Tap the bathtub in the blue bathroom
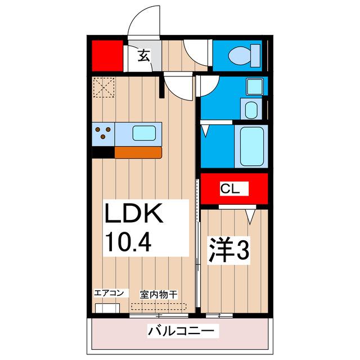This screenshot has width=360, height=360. click(x=252, y=146)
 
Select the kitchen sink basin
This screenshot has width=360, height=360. click(x=144, y=134)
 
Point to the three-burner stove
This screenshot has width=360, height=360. click(x=103, y=134)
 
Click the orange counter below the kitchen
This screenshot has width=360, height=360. click(x=138, y=152)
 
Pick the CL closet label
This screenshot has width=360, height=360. click(x=233, y=189)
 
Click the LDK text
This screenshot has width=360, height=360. click(x=134, y=215)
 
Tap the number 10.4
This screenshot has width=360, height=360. click(x=129, y=242)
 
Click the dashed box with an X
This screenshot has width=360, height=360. click(x=103, y=87)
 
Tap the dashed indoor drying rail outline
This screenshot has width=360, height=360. click(x=159, y=307)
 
